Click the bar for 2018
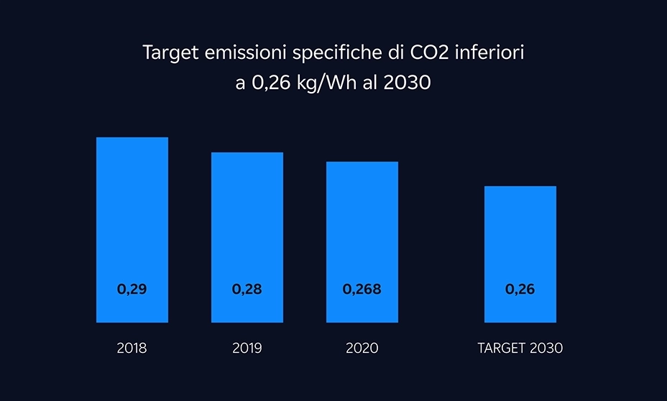[x=132, y=216]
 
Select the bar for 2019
[x=247, y=223]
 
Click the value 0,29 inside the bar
[x=132, y=290]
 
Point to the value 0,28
[x=247, y=290]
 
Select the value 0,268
[x=362, y=290]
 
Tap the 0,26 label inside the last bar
[x=520, y=290]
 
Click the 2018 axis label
[x=132, y=349]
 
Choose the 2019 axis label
[x=247, y=349]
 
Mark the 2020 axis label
[x=362, y=349]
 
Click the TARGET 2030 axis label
[x=520, y=349]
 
